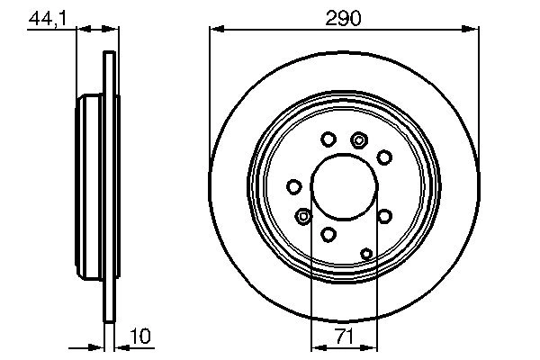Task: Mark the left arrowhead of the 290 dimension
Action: click(215, 30)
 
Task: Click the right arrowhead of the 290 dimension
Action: click(471, 30)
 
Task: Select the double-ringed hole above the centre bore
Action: click(360, 139)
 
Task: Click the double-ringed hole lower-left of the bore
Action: click(303, 216)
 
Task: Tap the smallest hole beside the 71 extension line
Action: click(366, 254)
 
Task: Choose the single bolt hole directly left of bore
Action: click(293, 186)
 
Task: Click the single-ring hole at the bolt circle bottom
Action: click(328, 235)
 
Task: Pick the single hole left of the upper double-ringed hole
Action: click(328, 139)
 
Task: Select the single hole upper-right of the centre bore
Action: click(384, 157)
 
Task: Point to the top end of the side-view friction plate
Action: click(110, 56)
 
